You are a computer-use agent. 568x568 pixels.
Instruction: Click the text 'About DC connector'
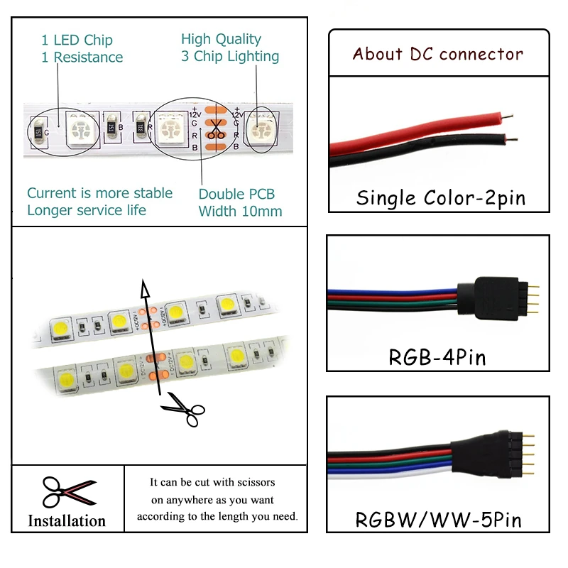[x=437, y=54]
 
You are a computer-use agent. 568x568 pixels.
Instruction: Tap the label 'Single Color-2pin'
[x=440, y=197]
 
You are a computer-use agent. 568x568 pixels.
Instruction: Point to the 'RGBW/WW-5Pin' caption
[x=438, y=519]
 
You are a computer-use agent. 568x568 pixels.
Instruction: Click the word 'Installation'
[x=67, y=520]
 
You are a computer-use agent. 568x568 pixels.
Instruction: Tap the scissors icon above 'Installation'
[x=67, y=491]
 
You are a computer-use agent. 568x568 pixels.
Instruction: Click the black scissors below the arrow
[x=183, y=412]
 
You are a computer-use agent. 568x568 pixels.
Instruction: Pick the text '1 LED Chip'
[x=77, y=40]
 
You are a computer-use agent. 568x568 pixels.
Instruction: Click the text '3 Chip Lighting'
[x=230, y=56]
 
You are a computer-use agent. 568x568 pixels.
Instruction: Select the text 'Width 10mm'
[x=240, y=211]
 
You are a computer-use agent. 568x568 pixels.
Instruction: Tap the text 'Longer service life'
[x=87, y=210]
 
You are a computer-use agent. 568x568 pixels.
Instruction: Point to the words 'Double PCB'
[x=236, y=194]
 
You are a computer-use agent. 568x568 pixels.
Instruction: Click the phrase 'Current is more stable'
[x=99, y=193]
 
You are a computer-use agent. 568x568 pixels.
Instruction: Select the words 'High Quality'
[x=221, y=39]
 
